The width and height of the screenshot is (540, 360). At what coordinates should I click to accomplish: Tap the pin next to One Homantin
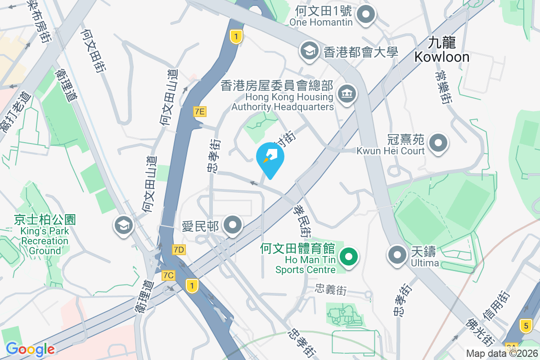366,15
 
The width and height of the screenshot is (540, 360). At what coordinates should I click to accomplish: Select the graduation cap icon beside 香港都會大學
309,50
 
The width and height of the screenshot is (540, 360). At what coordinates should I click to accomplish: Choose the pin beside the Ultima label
397,255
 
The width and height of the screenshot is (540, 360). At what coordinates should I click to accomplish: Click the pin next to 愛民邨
233,225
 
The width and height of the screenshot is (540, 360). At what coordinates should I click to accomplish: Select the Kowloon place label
441,50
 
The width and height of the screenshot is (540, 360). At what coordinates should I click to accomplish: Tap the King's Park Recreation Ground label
45,234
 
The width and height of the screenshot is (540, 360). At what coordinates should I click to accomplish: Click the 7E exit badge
200,111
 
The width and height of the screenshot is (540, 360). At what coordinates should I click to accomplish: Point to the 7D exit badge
179,249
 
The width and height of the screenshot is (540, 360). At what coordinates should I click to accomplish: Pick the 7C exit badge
169,275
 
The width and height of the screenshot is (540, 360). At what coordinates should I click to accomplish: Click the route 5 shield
525,324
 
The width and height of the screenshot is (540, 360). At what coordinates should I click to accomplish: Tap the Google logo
30,349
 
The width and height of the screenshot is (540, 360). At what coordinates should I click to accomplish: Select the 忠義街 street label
331,290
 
